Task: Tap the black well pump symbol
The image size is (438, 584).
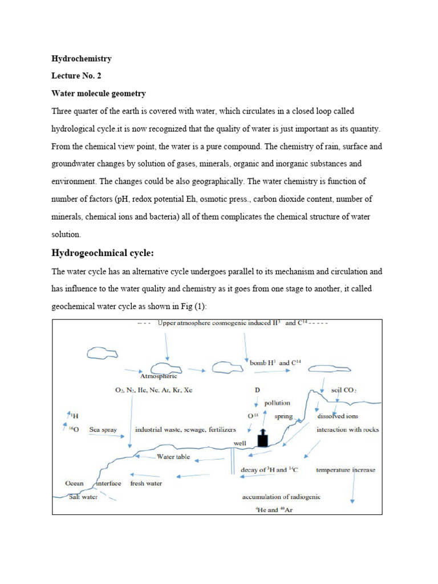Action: (x=262, y=438)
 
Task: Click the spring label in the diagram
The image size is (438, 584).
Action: (x=283, y=416)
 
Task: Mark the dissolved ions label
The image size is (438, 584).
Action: (x=338, y=416)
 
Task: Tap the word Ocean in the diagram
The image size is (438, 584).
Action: (x=74, y=483)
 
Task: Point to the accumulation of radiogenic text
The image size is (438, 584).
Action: (x=281, y=497)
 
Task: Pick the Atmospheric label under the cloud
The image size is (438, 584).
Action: (x=159, y=376)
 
